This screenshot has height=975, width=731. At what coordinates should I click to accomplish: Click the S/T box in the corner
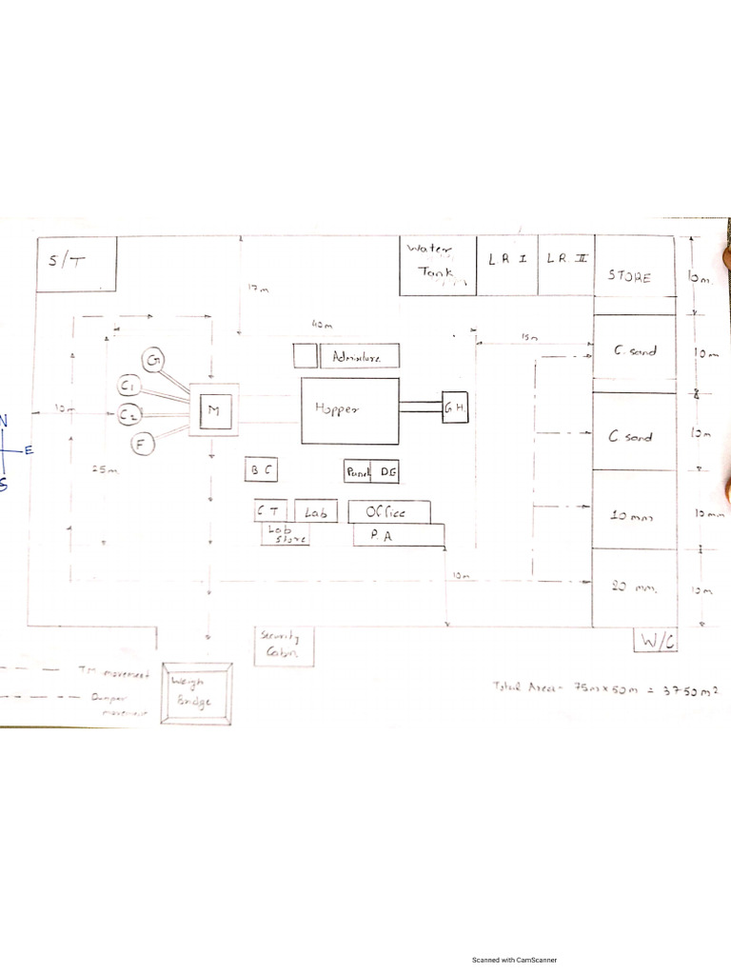[x=75, y=264]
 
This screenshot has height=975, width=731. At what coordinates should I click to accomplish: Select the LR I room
[x=508, y=266]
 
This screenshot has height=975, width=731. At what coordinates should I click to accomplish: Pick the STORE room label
[x=630, y=277]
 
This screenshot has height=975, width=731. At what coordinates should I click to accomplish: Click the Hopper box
[x=350, y=409]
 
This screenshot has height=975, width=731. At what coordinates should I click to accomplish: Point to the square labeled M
[x=213, y=410]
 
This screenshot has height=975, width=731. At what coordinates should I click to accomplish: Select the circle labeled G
[x=154, y=361]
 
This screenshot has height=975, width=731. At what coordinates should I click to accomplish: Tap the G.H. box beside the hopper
[x=455, y=409]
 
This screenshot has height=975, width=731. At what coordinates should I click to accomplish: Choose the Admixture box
[x=359, y=357]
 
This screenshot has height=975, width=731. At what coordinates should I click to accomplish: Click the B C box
[x=262, y=469]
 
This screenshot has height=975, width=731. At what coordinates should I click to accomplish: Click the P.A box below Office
[x=399, y=536]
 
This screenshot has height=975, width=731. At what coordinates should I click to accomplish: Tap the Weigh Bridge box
[x=196, y=692]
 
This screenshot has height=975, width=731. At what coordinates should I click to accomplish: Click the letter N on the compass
[x=3, y=421]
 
